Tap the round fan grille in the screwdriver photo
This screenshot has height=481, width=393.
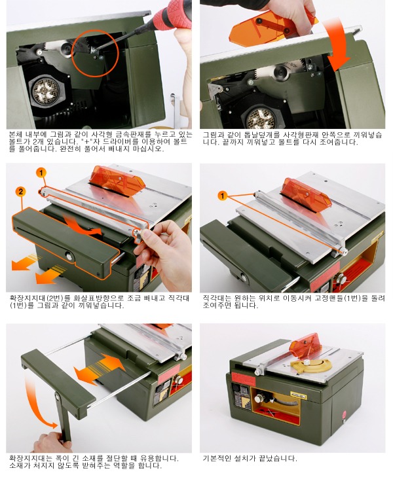47,90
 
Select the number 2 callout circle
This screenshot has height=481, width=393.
20,192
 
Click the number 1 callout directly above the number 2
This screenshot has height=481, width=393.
41,173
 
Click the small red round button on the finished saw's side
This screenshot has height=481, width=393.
344,413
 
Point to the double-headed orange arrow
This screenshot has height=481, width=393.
99,369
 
